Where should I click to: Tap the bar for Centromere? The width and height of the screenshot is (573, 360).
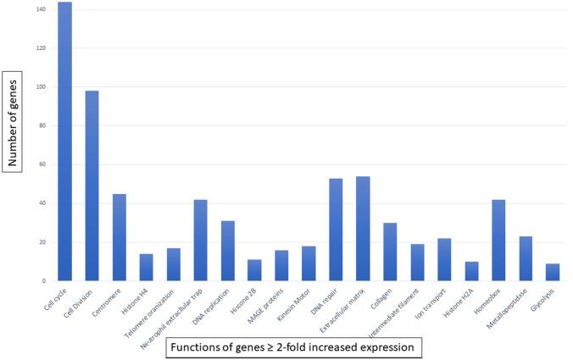click(x=120, y=237)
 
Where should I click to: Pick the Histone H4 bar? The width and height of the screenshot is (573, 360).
click(x=146, y=268)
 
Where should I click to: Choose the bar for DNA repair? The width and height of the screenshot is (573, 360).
click(x=336, y=230)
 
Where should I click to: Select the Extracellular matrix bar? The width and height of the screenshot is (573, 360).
click(x=363, y=229)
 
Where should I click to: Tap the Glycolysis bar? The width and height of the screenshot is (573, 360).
click(x=553, y=272)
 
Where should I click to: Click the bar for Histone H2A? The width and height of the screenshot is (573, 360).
click(x=471, y=271)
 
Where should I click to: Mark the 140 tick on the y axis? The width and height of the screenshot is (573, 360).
click(x=42, y=9)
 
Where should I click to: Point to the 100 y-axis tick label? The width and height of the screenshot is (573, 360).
click(x=42, y=86)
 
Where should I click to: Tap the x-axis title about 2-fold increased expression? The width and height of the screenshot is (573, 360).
click(x=292, y=347)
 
